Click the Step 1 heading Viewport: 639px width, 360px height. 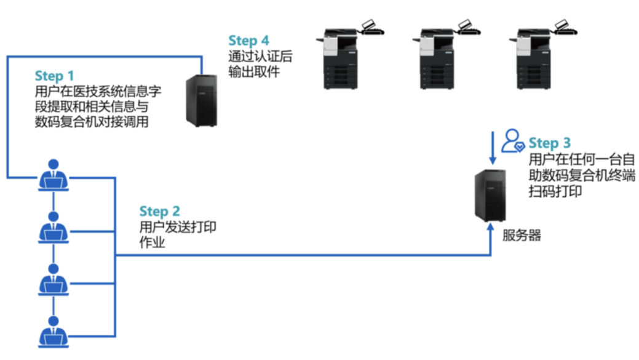point(54,76)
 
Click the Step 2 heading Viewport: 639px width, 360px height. point(159,211)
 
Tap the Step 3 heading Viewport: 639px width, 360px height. point(549,143)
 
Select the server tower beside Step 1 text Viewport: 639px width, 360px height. point(202,100)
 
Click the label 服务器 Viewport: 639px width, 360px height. point(522,235)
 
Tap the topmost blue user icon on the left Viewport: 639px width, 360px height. point(54,175)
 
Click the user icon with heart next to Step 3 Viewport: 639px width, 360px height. point(512,141)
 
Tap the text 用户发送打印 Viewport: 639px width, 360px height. point(177,227)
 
